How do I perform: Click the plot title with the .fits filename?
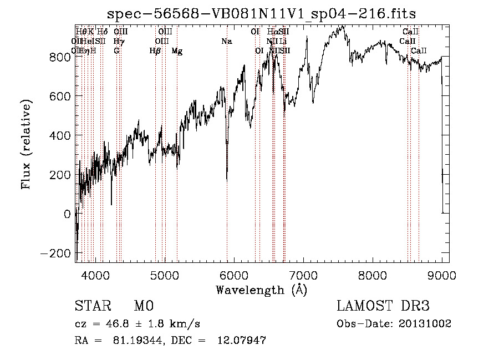pos(261,13)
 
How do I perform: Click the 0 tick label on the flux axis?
pos(67,214)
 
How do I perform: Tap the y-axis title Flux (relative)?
pos(27,145)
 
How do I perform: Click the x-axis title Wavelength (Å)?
pos(261,290)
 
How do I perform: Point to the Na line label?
pos(226,42)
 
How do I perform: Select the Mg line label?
pos(177,51)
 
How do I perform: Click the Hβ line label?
pos(155,51)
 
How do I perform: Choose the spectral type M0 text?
pos(143,306)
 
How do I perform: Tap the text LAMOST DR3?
pos(383,306)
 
